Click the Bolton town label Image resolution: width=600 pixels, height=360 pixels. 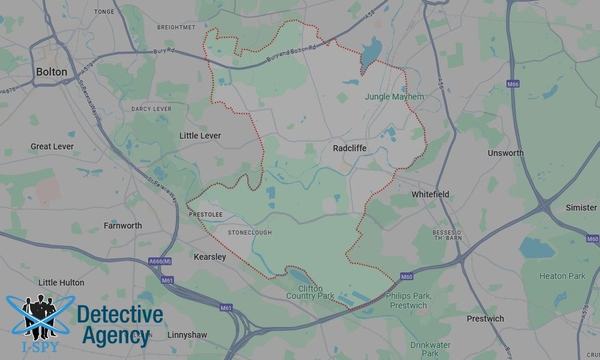pos(52,71)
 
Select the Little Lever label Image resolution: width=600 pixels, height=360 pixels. pos(200,136)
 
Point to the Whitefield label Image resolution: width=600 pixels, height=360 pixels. pos(430,194)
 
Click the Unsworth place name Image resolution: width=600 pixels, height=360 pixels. pos(505,153)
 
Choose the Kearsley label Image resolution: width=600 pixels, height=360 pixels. pos(210,257)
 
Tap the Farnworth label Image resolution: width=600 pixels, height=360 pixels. pos(123,226)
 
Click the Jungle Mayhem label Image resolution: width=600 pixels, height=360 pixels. pos(394,97)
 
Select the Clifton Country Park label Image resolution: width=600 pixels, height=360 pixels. pos(310,292)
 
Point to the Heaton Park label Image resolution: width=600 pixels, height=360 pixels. pos(562,276)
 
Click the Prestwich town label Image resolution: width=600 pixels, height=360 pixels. pos(485,319)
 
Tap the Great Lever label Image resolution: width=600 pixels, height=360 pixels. pos(52,146)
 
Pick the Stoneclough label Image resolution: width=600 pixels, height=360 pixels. pos(250,233)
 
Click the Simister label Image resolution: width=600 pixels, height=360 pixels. pos(581,208)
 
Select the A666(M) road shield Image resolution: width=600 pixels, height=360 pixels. pos(160,262)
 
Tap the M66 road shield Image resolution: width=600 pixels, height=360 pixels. pos(512,84)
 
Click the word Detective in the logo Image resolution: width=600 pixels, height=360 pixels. pos(120,314)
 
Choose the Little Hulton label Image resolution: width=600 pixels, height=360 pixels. pos(61,283)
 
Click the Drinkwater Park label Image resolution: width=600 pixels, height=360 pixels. pos(430,349)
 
